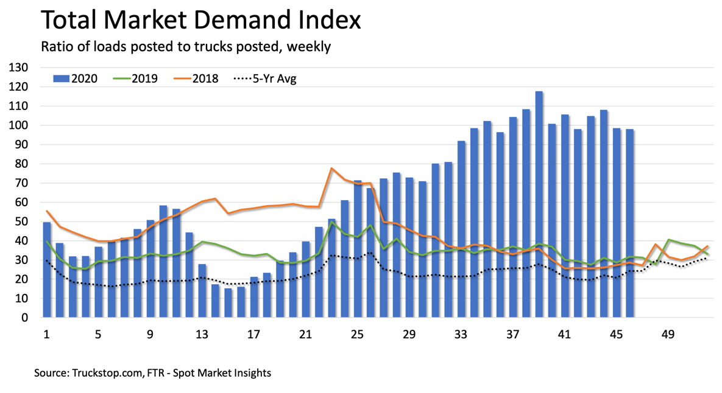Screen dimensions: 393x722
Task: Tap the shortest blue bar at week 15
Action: [228, 302]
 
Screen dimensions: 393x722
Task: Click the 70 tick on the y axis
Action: [23, 183]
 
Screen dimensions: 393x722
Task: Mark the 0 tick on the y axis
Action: [25, 318]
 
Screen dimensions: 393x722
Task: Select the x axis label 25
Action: [358, 335]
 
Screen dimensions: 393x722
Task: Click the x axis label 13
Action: [202, 335]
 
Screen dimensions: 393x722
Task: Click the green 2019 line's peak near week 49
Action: [669, 240]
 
